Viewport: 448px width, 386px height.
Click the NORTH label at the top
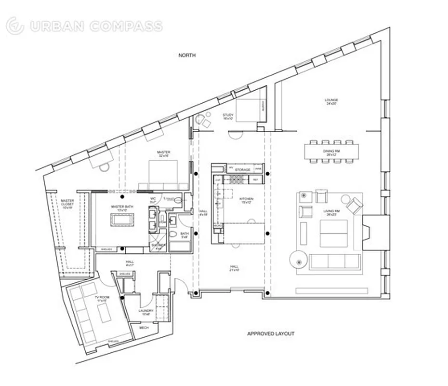point(187,55)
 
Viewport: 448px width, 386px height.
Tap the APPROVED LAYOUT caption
point(270,333)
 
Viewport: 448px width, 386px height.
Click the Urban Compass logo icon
point(15,26)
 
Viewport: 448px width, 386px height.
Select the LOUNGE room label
point(331,100)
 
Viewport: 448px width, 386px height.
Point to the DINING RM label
point(331,151)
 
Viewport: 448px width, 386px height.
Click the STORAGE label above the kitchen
point(243,169)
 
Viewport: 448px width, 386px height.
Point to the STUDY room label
point(228,115)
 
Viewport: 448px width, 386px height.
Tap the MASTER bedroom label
point(163,152)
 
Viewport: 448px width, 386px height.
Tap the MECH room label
point(144,328)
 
